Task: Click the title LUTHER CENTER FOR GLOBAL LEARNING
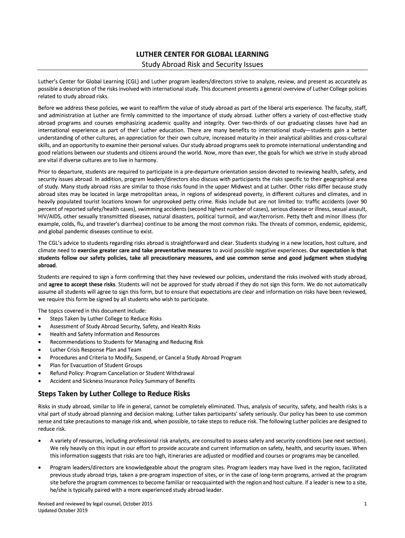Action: [202, 54]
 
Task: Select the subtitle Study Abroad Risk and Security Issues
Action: [202, 65]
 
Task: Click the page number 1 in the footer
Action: [364, 504]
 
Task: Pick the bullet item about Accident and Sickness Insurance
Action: [122, 381]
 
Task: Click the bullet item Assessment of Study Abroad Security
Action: [125, 326]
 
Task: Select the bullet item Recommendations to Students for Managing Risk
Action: [126, 342]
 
